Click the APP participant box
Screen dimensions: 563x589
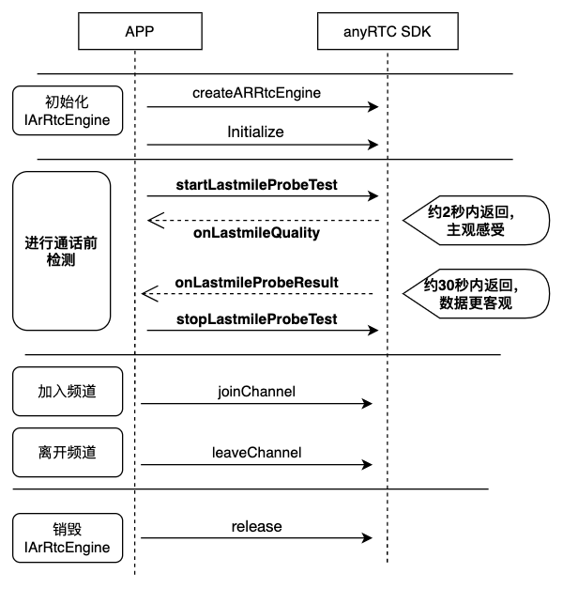click(x=140, y=31)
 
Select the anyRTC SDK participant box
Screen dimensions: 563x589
click(x=388, y=31)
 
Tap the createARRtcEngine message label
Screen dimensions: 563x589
click(x=257, y=93)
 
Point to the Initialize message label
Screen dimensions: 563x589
click(x=255, y=132)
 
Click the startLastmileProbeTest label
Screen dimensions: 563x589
click(x=257, y=185)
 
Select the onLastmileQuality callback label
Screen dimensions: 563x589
click(x=257, y=233)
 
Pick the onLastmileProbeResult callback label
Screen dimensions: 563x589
click(x=257, y=283)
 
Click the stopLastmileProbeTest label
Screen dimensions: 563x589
click(x=257, y=319)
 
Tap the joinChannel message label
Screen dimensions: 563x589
click(x=257, y=392)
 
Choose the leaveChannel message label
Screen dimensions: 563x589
click(x=257, y=453)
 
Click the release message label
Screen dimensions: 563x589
click(x=257, y=527)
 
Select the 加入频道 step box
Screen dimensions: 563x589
click(x=68, y=392)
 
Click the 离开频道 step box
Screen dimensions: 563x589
click(x=68, y=453)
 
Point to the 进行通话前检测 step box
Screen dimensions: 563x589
click(x=62, y=251)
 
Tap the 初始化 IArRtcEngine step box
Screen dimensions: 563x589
click(x=68, y=111)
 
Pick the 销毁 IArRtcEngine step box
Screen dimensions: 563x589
click(x=68, y=538)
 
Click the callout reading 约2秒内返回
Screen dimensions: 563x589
click(x=476, y=221)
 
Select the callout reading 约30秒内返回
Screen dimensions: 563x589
click(x=476, y=294)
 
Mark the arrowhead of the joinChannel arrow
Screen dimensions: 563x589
click(x=367, y=404)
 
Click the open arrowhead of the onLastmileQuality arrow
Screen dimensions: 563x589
click(x=156, y=221)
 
